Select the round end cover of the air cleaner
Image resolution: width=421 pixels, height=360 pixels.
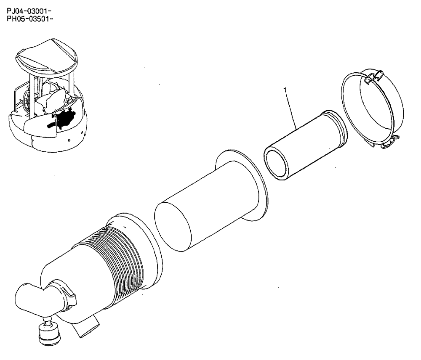coord(370,109)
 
